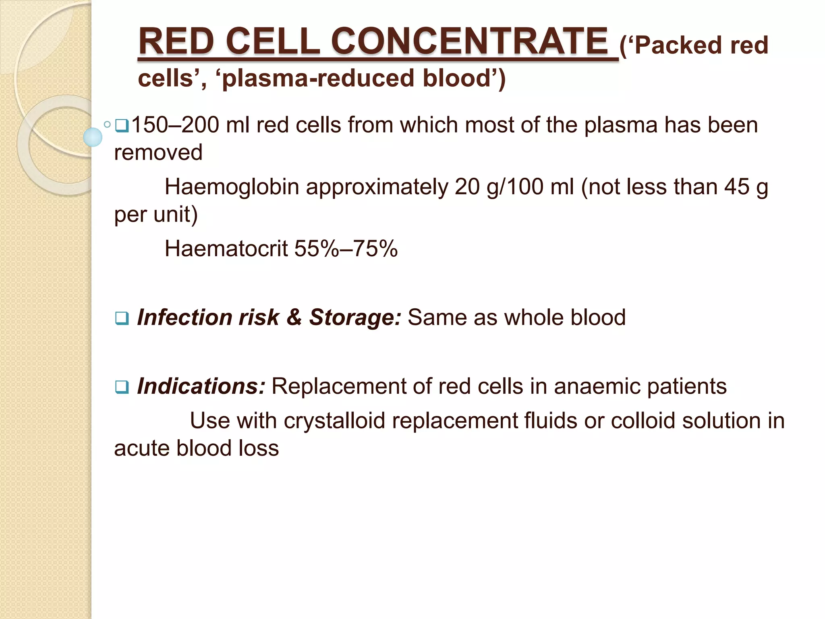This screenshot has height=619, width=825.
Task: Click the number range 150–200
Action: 175,125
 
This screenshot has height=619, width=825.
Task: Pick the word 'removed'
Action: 158,152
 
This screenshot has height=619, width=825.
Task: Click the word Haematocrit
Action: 226,248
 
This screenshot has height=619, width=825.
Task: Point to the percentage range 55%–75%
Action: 346,248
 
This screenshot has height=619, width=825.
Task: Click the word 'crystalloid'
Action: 334,421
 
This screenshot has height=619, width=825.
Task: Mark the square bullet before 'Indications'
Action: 121,388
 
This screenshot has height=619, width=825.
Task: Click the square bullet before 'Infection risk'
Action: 121,319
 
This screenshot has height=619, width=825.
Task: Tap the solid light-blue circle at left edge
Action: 93,137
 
